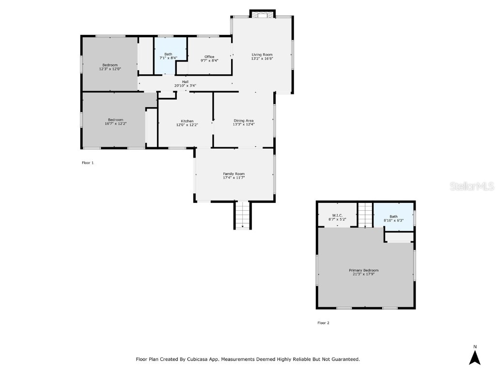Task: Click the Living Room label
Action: pyautogui.click(x=262, y=55)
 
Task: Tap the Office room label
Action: pyautogui.click(x=209, y=57)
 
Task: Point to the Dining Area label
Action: pyautogui.click(x=244, y=121)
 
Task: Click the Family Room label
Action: pyautogui.click(x=233, y=174)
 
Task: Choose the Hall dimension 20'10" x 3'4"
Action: pyautogui.click(x=185, y=86)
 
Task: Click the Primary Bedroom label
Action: pyautogui.click(x=363, y=270)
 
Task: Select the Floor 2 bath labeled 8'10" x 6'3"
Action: pyautogui.click(x=393, y=218)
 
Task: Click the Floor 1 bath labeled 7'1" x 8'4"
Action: pyautogui.click(x=168, y=56)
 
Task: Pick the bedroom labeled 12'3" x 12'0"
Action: pyautogui.click(x=109, y=67)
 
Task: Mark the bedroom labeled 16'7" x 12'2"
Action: pyautogui.click(x=115, y=122)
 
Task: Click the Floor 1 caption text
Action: pyautogui.click(x=88, y=163)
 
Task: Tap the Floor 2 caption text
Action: pyautogui.click(x=323, y=323)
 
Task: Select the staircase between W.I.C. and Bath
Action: pyautogui.click(x=365, y=215)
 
